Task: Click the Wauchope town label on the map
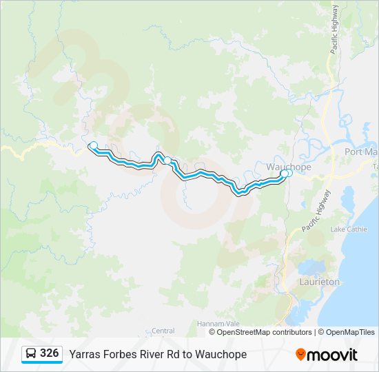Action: click(x=289, y=167)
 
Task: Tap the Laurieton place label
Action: click(x=320, y=282)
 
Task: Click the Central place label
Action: click(x=163, y=331)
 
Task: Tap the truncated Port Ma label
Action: click(x=361, y=152)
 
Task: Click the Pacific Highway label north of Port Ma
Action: click(x=334, y=31)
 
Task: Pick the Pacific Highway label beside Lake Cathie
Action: click(x=316, y=210)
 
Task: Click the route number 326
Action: click(x=49, y=353)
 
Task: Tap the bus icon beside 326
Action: click(x=31, y=354)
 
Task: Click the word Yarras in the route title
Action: click(x=85, y=354)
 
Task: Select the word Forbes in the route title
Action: click(x=120, y=354)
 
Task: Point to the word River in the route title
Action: click(x=153, y=354)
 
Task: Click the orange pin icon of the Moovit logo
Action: click(x=300, y=355)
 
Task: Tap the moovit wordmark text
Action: click(x=333, y=355)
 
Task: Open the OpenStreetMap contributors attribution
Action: click(x=264, y=332)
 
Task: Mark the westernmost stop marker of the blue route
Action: click(x=93, y=145)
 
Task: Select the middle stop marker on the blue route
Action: click(x=167, y=161)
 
